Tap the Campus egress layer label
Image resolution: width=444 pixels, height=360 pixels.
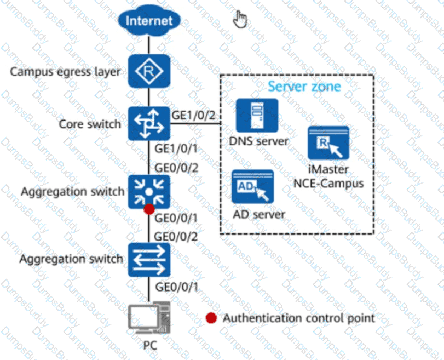(x=66, y=72)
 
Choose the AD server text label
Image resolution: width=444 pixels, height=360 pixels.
(x=259, y=214)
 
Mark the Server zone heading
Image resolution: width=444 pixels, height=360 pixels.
(x=304, y=87)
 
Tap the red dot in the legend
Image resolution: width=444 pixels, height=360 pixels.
(x=211, y=318)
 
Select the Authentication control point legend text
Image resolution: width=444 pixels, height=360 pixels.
(x=299, y=318)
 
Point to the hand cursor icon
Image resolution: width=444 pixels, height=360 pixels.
(x=240, y=19)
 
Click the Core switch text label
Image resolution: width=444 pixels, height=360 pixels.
(x=90, y=124)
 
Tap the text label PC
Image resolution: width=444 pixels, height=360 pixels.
(x=149, y=346)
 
